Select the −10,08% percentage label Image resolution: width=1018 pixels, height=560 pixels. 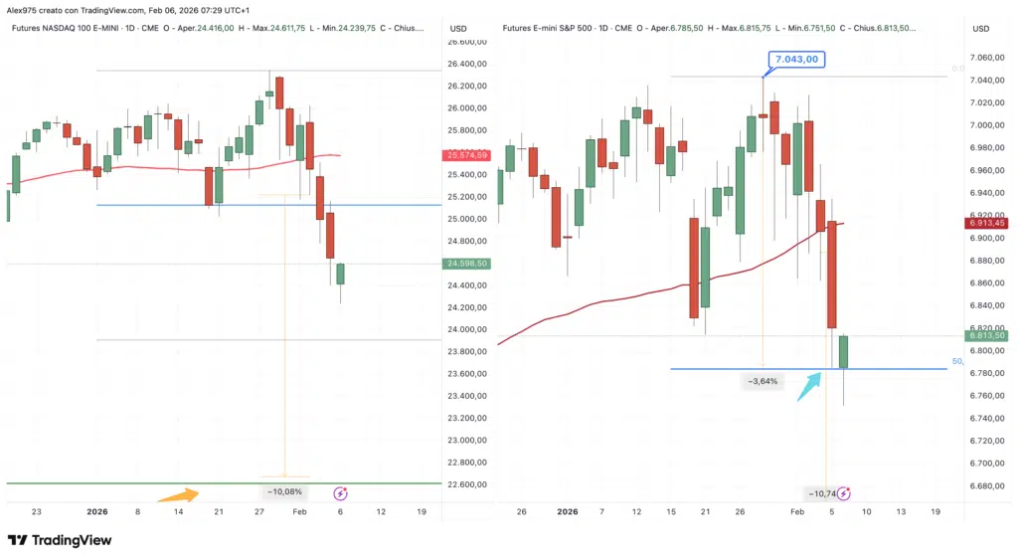click(x=285, y=491)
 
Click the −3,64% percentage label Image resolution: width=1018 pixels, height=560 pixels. click(x=763, y=381)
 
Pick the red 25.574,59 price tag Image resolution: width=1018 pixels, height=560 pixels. click(x=467, y=155)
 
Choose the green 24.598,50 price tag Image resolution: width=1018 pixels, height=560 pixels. click(x=467, y=264)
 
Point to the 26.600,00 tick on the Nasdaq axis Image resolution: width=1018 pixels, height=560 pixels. click(x=467, y=42)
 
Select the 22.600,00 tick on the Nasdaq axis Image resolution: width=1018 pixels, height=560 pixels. click(x=467, y=485)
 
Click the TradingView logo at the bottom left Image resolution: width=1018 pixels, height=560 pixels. click(x=60, y=540)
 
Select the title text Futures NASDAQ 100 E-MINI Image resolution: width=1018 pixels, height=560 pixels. click(x=71, y=28)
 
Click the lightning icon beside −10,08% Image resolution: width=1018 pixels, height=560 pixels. click(x=340, y=491)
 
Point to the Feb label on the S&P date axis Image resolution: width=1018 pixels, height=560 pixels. click(x=796, y=511)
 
